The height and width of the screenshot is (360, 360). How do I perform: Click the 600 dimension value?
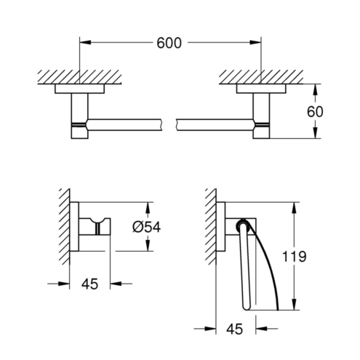coord(169,43)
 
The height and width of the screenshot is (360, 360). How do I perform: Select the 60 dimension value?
coord(315,112)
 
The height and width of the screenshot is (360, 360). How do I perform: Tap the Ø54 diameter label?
coord(147,228)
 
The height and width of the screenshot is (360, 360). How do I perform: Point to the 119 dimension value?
coord(295,257)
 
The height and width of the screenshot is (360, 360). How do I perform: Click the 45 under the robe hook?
coord(89,284)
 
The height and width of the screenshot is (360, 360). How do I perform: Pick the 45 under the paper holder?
coord(235,329)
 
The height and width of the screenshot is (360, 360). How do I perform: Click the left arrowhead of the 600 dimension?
coord(85,42)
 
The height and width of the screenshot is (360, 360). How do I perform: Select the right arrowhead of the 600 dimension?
coord(255,42)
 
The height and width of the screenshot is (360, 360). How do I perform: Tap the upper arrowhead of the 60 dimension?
coord(315,89)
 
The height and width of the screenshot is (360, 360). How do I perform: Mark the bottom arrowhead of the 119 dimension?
coord(295,304)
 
